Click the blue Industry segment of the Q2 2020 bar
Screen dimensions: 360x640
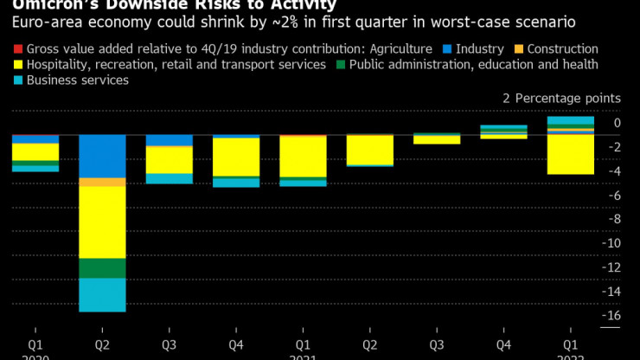(102, 156)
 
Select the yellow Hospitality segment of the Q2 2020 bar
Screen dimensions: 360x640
(102, 222)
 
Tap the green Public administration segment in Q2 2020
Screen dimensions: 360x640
(102, 268)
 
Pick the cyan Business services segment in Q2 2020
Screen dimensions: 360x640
(102, 295)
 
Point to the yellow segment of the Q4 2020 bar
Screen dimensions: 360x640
(236, 157)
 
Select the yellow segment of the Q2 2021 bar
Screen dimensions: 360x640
(369, 150)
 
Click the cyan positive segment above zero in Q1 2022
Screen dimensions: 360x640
(570, 121)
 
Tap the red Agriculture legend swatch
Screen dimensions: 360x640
(18, 49)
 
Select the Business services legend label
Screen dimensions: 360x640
(78, 80)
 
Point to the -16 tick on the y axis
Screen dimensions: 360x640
(612, 315)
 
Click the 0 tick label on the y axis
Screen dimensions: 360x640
(617, 123)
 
